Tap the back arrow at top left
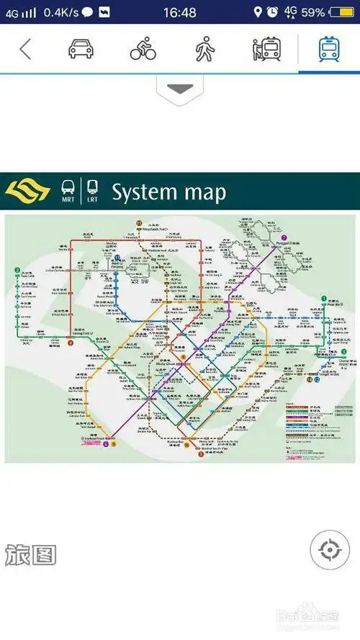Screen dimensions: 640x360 click(x=25, y=49)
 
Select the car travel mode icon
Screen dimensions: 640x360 click(x=81, y=49)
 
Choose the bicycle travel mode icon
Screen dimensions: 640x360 click(x=143, y=49)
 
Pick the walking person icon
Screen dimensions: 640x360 click(x=204, y=49)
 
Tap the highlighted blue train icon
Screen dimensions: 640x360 click(x=329, y=49)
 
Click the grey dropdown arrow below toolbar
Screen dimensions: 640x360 click(x=180, y=89)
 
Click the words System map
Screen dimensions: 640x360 click(x=168, y=192)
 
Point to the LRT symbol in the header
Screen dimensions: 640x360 click(x=92, y=191)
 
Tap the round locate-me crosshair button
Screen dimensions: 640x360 click(x=329, y=551)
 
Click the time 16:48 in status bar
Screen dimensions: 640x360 click(x=179, y=12)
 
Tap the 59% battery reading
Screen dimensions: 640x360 click(x=312, y=12)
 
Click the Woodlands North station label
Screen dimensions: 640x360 click(x=152, y=227)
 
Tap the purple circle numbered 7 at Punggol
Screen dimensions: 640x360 click(x=284, y=238)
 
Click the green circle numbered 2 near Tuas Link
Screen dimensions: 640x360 click(x=16, y=271)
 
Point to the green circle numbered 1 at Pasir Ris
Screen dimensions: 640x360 click(x=325, y=299)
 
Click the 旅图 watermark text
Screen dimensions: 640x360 click(x=30, y=555)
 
